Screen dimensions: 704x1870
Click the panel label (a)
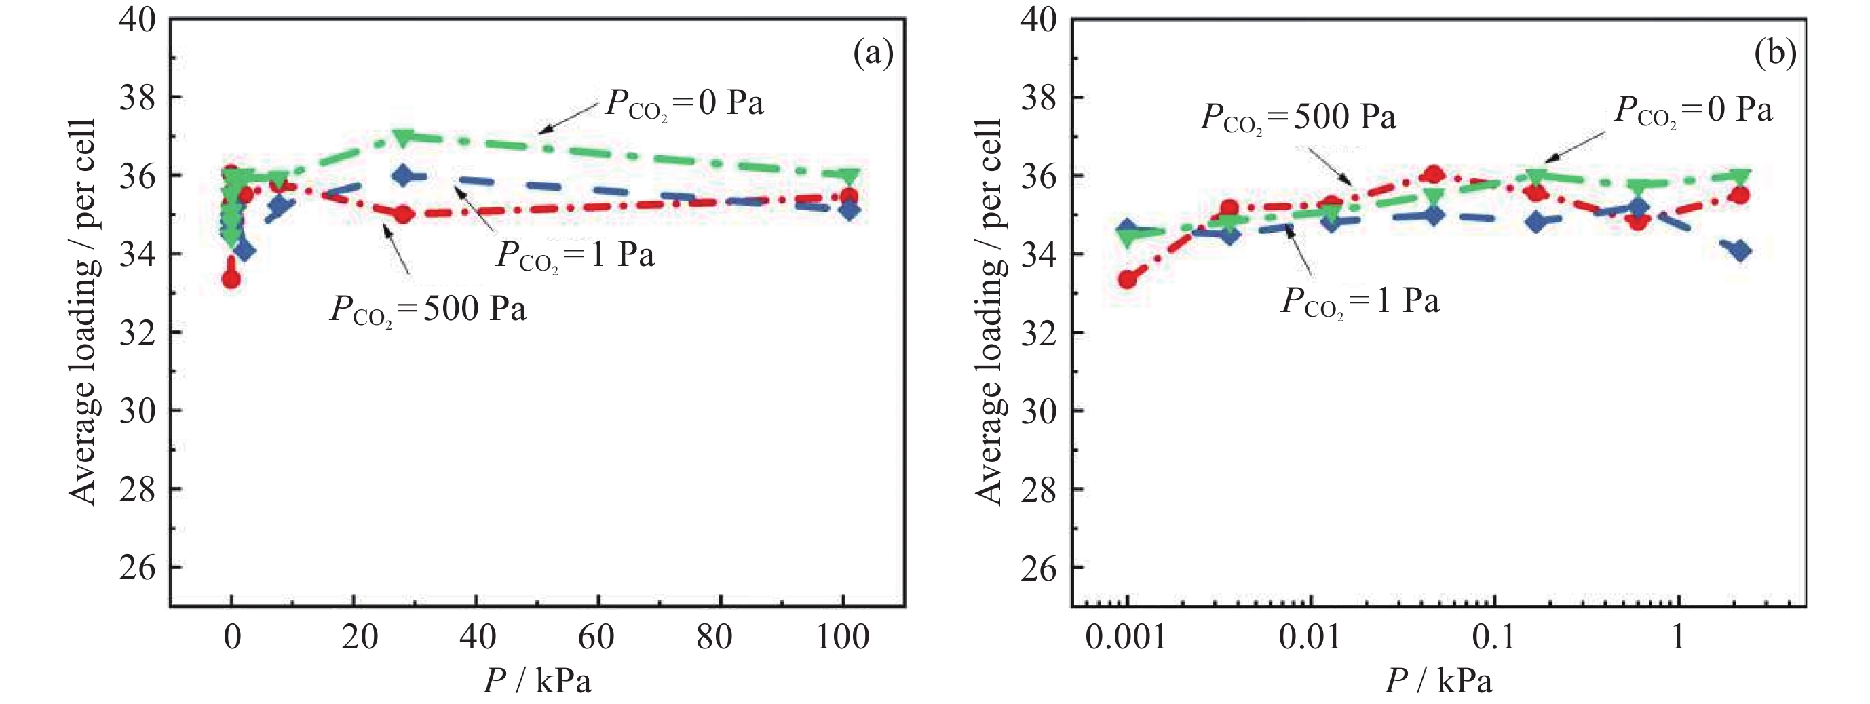coord(873,54)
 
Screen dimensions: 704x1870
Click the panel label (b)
coord(1775,54)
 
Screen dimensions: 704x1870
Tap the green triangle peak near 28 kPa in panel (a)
coord(403,136)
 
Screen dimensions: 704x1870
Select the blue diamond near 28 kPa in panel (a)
coord(404,175)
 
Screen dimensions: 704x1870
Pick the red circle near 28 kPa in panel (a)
coord(404,214)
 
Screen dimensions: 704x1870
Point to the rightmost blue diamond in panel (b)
coord(1740,251)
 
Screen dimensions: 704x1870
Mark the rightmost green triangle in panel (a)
coord(850,176)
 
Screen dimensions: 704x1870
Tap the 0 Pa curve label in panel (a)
coord(685,104)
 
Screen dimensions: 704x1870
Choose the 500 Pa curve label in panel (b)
coord(1298,117)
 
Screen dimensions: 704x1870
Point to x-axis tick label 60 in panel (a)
coord(598,638)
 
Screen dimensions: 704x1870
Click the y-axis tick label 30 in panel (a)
coord(138,411)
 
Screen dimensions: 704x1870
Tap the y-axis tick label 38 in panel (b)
coord(1039,97)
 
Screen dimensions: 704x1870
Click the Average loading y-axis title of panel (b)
coord(989,312)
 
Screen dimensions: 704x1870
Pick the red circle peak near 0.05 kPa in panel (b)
coord(1434,174)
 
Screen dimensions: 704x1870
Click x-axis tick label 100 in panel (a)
coord(843,638)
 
